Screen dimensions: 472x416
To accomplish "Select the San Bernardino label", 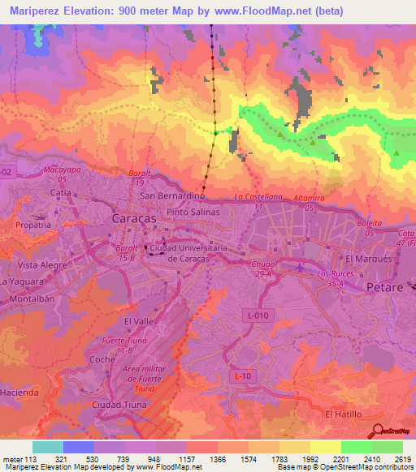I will coord(171,196).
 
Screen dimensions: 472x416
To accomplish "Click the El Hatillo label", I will coord(341,414).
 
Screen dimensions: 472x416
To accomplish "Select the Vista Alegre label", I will coord(40,265).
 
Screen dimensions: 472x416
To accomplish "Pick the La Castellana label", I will coord(258,197).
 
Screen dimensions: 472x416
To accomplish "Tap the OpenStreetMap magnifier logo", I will coord(379,431).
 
